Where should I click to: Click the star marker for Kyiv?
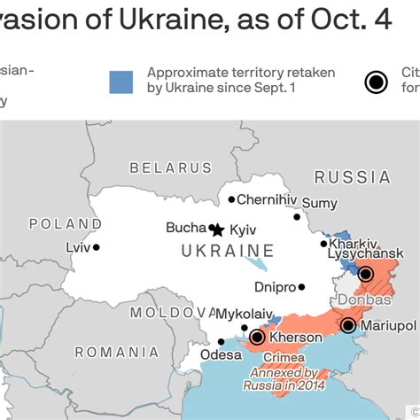click(x=217, y=229)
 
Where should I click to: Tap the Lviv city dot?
click(x=96, y=248)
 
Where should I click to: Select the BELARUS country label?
click(x=171, y=167)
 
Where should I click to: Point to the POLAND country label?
click(x=65, y=224)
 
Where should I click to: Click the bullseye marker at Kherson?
click(x=257, y=337)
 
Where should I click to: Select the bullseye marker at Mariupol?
click(x=348, y=326)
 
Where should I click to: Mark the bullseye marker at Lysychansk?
click(x=365, y=274)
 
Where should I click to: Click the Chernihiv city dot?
click(x=231, y=200)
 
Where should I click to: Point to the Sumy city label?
click(x=319, y=204)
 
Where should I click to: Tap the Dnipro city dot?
click(x=302, y=287)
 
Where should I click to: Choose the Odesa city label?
click(x=221, y=355)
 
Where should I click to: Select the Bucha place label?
click(x=185, y=228)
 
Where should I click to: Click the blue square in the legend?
click(x=121, y=82)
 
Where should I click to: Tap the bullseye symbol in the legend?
click(x=377, y=82)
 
